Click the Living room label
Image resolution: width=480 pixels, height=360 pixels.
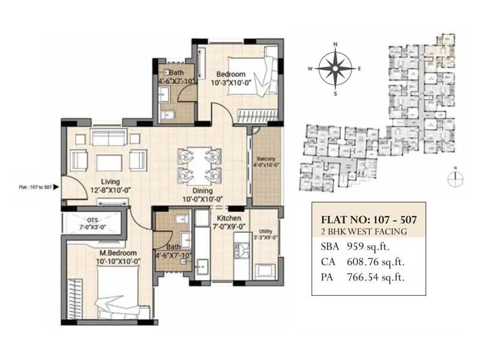110,182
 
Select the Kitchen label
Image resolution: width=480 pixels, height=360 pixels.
229,218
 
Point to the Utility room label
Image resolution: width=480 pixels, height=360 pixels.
266,230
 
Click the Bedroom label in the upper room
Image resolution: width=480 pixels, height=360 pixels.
231,74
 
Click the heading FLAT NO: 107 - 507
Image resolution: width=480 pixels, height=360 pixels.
369,220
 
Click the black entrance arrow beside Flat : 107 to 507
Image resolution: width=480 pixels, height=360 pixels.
56,187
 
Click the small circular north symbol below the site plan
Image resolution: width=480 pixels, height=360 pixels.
455,176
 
